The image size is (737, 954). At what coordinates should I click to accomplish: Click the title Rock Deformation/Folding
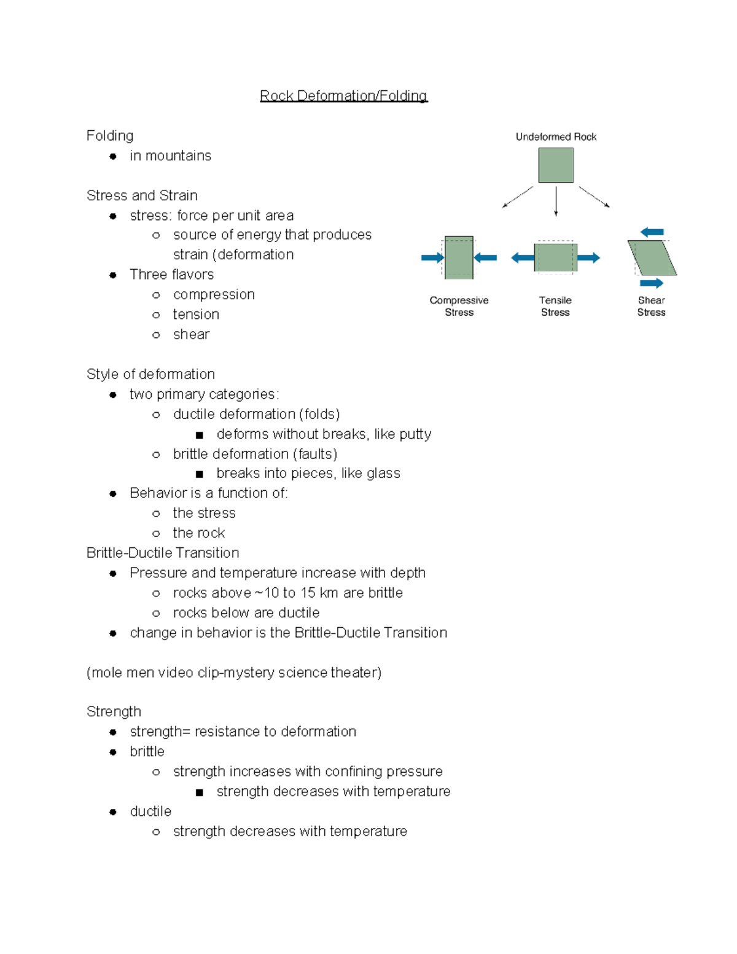point(343,96)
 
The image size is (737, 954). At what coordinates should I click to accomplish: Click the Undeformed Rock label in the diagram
point(556,137)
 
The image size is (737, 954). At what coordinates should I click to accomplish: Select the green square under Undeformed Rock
point(556,165)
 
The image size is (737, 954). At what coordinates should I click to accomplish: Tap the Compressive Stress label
point(459,306)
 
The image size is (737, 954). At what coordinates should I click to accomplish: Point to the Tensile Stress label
point(555,306)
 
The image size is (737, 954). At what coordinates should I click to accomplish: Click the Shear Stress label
point(651,306)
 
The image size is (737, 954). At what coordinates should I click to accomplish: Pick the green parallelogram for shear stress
point(652,258)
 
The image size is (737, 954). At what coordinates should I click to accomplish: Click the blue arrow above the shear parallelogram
point(652,232)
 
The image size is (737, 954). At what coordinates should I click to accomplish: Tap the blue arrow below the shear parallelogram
point(652,283)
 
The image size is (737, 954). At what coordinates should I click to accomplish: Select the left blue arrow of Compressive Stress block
point(432,258)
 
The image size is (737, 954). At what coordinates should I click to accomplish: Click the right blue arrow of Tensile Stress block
point(588,258)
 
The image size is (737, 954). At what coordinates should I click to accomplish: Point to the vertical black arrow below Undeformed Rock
point(556,201)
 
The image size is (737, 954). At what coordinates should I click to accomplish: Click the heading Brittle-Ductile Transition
point(163,553)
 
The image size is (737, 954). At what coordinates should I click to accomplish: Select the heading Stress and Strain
point(142,195)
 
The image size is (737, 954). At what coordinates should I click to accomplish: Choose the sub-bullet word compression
point(214,295)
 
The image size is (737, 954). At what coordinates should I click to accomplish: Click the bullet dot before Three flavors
point(113,275)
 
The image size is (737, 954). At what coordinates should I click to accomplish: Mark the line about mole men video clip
point(234,673)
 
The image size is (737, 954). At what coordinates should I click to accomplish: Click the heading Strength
point(114,711)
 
